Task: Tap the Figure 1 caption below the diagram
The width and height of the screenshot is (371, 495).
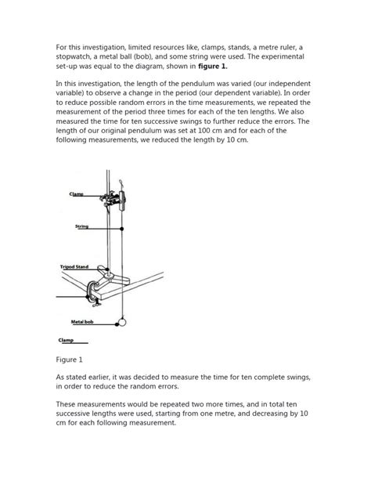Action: coord(70,360)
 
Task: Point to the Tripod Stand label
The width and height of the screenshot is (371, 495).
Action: coord(77,267)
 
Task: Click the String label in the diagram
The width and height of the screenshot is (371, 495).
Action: coord(81,227)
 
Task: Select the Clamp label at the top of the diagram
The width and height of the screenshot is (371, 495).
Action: coord(76,193)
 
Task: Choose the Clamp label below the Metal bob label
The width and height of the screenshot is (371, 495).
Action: coord(67,340)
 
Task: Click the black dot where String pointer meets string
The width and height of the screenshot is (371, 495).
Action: coord(122,228)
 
